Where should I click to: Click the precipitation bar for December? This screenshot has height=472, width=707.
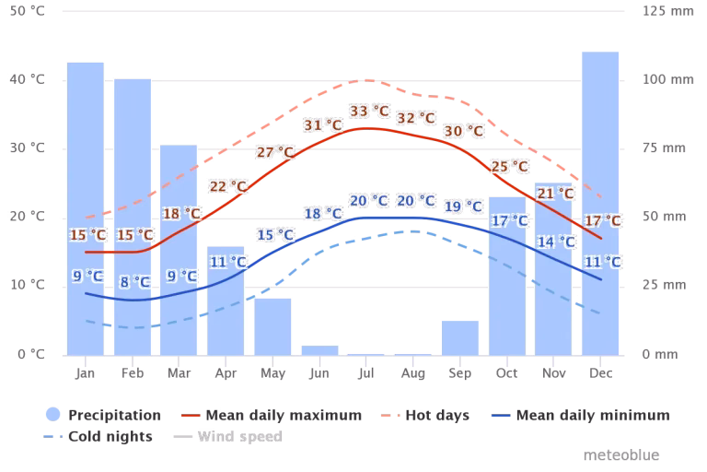[x=600, y=203]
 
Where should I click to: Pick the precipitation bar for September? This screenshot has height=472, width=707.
[x=459, y=336]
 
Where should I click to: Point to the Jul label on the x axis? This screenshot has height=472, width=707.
[x=365, y=373]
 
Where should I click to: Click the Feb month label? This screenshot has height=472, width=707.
[x=132, y=373]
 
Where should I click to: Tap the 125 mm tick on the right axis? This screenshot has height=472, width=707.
[x=655, y=12]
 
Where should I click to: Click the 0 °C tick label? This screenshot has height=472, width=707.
[x=31, y=354]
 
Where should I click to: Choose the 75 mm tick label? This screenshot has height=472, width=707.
[x=655, y=148]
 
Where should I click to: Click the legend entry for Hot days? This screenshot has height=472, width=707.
[x=437, y=416]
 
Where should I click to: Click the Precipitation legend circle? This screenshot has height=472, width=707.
[x=52, y=416]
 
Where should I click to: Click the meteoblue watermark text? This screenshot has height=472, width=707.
[x=620, y=455]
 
